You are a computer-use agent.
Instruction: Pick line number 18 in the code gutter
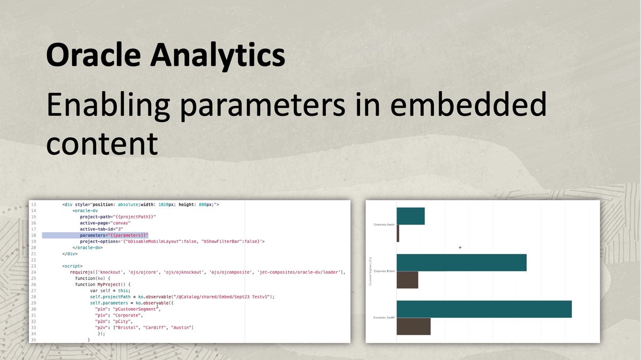point(33,235)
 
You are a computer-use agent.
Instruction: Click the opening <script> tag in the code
point(72,266)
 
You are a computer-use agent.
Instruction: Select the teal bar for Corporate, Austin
point(410,216)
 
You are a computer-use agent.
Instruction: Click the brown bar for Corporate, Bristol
point(407,280)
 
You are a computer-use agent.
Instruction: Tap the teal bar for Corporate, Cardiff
point(484,309)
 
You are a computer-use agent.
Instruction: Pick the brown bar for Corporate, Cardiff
point(413,326)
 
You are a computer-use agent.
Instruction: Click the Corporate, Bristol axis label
point(384,271)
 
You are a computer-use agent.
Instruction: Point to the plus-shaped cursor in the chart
point(460,247)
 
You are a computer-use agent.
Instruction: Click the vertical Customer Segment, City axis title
point(370,271)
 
